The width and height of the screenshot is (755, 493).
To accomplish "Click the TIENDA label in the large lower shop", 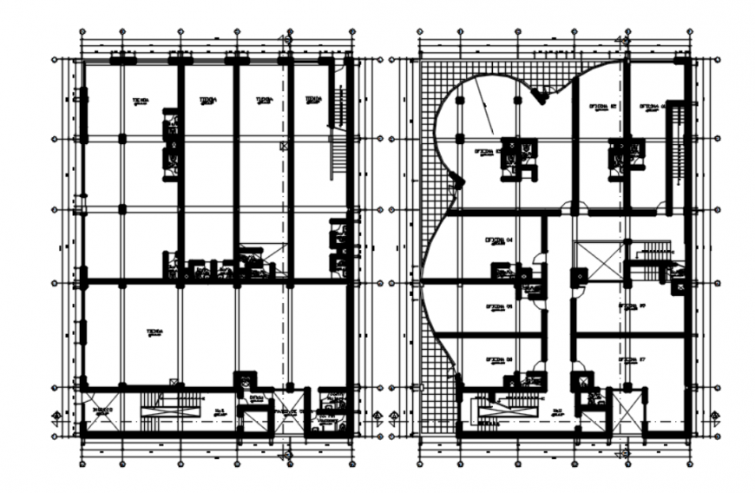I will pos(154,332).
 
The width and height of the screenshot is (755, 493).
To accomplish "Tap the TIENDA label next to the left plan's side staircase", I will pos(313,101).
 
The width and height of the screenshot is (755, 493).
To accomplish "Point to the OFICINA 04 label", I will pos(499,240).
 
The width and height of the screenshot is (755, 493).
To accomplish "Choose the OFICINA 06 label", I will pos(499,359).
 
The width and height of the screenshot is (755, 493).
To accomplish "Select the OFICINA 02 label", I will pos(602,107).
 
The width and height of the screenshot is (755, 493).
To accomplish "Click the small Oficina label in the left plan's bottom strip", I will pos(256,399).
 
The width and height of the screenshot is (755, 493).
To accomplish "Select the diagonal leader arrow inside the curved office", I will pos(483,113).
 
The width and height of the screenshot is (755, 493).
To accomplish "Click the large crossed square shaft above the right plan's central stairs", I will pos(599,260).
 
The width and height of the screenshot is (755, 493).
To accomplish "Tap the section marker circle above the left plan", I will pos(285,37).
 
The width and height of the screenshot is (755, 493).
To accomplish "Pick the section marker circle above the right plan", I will pos(622,37).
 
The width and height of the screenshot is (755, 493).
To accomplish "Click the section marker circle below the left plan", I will pos(285,454).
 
